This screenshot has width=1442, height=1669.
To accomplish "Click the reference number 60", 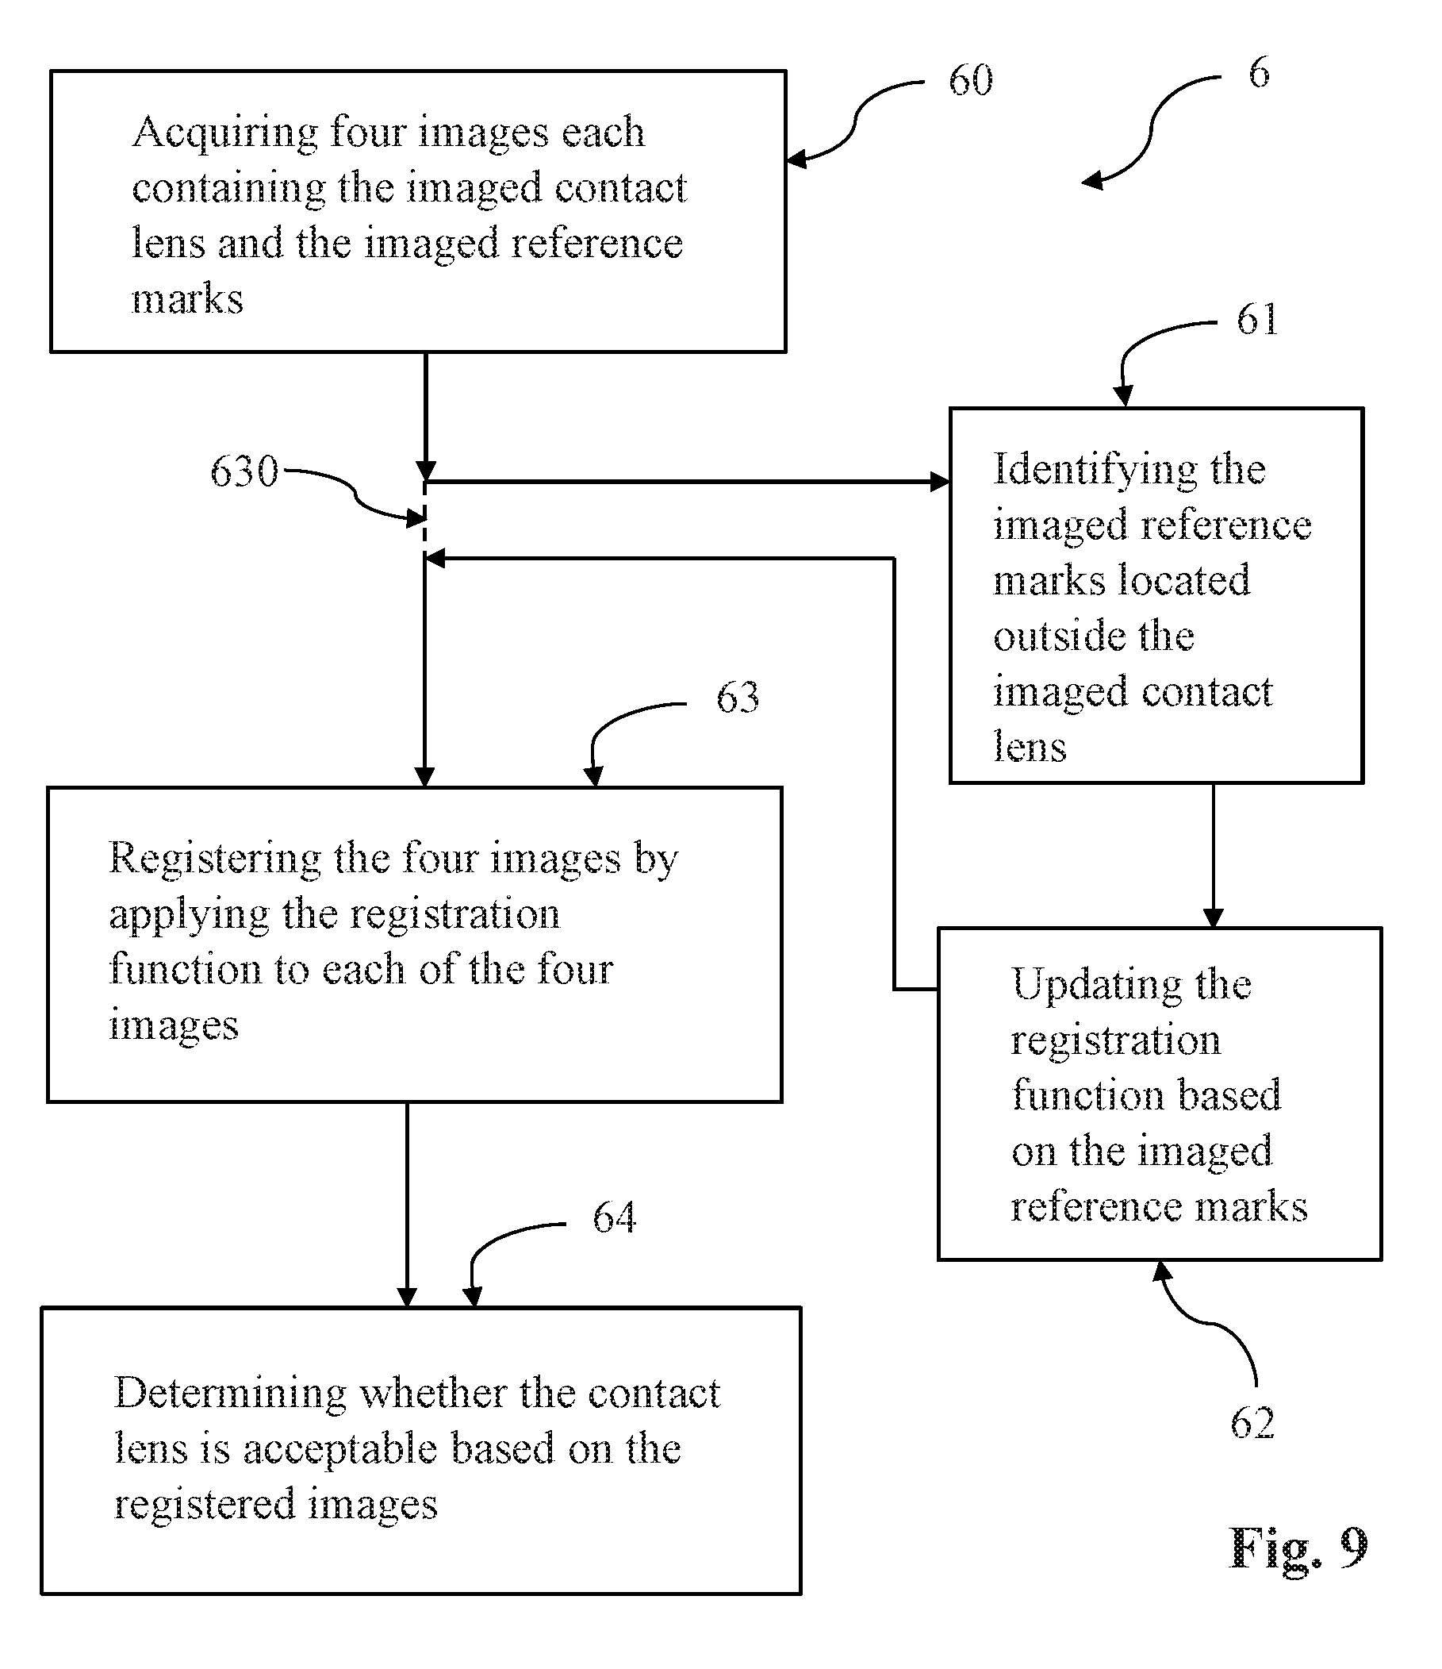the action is click(x=970, y=79).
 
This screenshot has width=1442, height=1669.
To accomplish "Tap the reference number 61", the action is click(x=1258, y=319).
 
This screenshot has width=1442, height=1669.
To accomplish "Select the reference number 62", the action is click(x=1252, y=1422).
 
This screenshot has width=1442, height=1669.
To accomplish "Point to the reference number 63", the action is click(x=738, y=697).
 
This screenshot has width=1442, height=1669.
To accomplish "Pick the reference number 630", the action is click(x=244, y=471).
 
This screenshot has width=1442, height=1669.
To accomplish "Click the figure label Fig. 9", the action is click(x=1298, y=1548).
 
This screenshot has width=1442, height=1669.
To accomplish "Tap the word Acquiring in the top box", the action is click(x=224, y=133).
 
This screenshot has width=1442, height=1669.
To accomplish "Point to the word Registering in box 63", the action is click(x=215, y=859).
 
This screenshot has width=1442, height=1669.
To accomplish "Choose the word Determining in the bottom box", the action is click(x=229, y=1395).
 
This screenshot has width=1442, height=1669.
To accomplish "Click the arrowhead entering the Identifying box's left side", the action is click(x=940, y=482).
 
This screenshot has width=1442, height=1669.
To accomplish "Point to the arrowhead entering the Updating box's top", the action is click(x=1213, y=918).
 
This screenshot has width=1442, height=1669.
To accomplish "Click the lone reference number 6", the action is click(x=1260, y=71).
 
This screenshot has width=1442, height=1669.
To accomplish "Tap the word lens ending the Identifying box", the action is click(x=1029, y=747).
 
